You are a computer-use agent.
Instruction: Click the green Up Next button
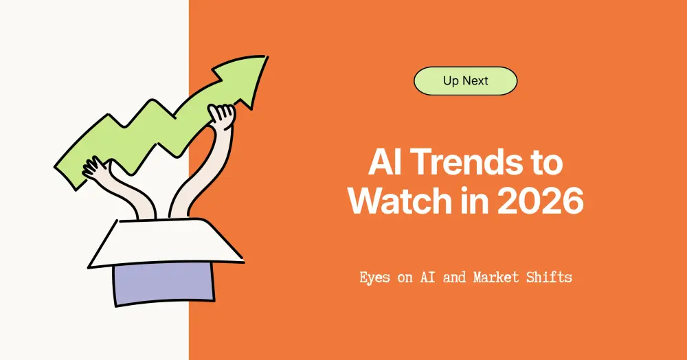tap(465, 81)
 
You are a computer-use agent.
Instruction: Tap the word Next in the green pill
tap(475, 81)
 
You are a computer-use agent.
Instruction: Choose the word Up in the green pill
tap(451, 81)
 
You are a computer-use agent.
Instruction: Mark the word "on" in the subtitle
tap(405, 278)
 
